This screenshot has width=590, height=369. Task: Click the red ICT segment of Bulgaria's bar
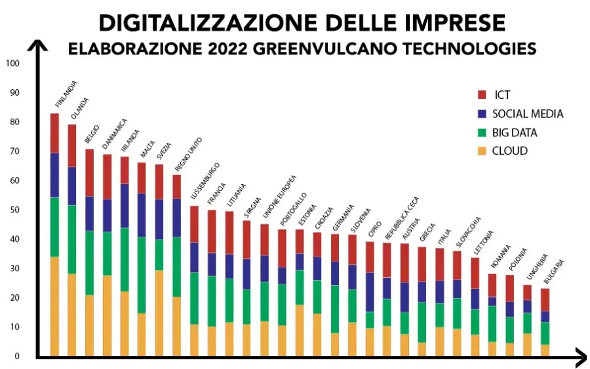(545, 300)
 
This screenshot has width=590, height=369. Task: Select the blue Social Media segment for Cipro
(370, 292)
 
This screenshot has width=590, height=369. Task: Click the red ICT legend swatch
(482, 95)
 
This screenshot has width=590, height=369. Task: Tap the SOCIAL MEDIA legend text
(528, 114)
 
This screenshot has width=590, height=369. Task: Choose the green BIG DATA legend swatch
(482, 132)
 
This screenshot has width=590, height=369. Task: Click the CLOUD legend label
(510, 151)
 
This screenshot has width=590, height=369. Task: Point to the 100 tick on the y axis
(12, 64)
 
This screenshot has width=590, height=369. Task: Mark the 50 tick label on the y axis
(14, 210)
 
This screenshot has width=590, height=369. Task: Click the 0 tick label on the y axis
(18, 356)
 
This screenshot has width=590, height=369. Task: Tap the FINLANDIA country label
(66, 95)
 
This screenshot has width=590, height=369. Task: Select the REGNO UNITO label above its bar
(189, 154)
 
